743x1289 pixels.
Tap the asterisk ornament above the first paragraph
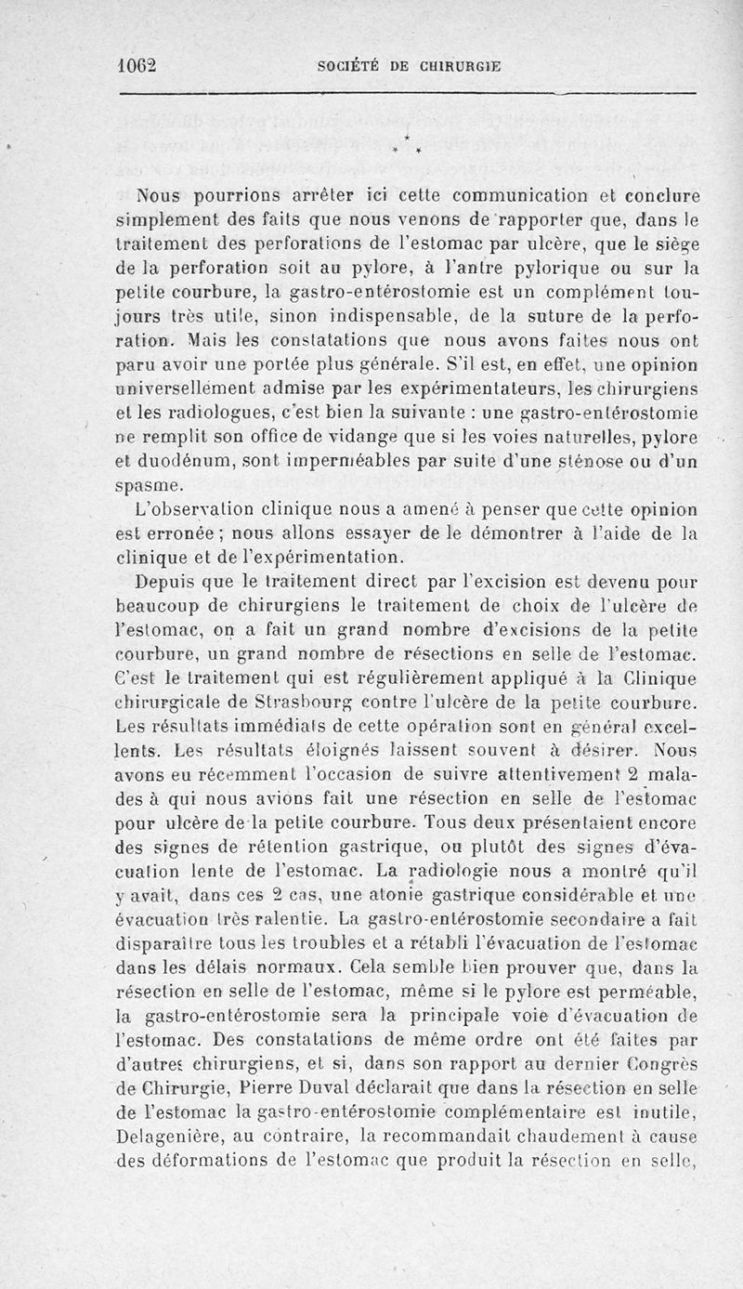point(406,145)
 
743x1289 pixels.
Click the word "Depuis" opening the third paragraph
point(165,584)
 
